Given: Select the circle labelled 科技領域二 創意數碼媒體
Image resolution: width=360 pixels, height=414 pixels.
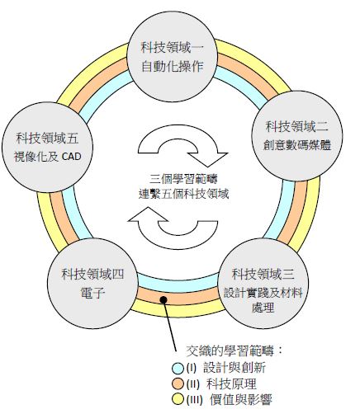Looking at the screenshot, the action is (x=297, y=136).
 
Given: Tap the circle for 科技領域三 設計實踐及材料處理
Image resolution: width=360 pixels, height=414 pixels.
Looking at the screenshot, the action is (x=263, y=283).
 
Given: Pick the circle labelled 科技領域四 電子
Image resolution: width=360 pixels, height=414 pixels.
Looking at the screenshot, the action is (x=92, y=283).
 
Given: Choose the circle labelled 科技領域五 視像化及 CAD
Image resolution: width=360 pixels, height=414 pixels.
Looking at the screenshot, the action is (x=47, y=148).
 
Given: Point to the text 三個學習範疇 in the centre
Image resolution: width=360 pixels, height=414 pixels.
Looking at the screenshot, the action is (x=183, y=179).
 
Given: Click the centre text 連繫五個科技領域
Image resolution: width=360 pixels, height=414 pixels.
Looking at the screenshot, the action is (x=183, y=194).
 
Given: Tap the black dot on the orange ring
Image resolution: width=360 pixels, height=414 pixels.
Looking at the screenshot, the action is (x=163, y=299).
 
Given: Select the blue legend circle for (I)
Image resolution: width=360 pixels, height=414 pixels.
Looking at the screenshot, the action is (x=178, y=369).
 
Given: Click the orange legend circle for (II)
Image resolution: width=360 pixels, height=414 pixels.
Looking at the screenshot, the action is (x=178, y=383).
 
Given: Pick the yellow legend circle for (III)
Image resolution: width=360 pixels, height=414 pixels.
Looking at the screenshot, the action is (x=178, y=399).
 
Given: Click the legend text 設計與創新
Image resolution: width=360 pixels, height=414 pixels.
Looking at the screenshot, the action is (x=234, y=368).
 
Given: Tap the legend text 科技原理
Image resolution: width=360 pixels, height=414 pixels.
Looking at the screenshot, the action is (x=231, y=383).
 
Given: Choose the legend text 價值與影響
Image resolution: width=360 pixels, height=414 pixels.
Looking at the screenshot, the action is (x=241, y=399).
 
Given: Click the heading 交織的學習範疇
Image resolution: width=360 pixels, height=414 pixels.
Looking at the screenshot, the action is (x=230, y=350).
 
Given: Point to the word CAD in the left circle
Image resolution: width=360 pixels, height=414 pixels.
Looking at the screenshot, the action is (x=72, y=157).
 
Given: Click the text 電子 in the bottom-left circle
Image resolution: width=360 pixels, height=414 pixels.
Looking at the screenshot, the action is (x=92, y=293).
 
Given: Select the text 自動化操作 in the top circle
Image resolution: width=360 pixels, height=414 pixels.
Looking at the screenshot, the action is (x=173, y=67).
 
